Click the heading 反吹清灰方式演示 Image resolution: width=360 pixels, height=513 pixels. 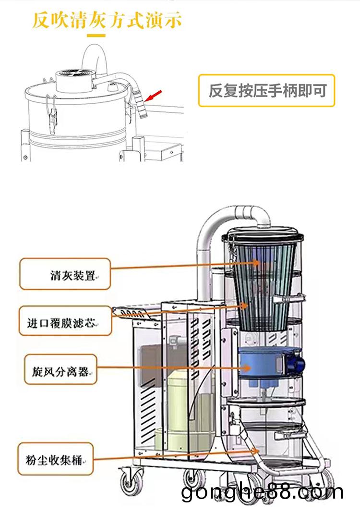(x=108, y=21)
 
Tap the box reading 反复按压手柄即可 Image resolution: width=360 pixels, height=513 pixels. (x=266, y=90)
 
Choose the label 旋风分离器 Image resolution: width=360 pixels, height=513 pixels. (x=57, y=370)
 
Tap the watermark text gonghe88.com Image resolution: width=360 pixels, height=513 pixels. (x=262, y=492)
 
